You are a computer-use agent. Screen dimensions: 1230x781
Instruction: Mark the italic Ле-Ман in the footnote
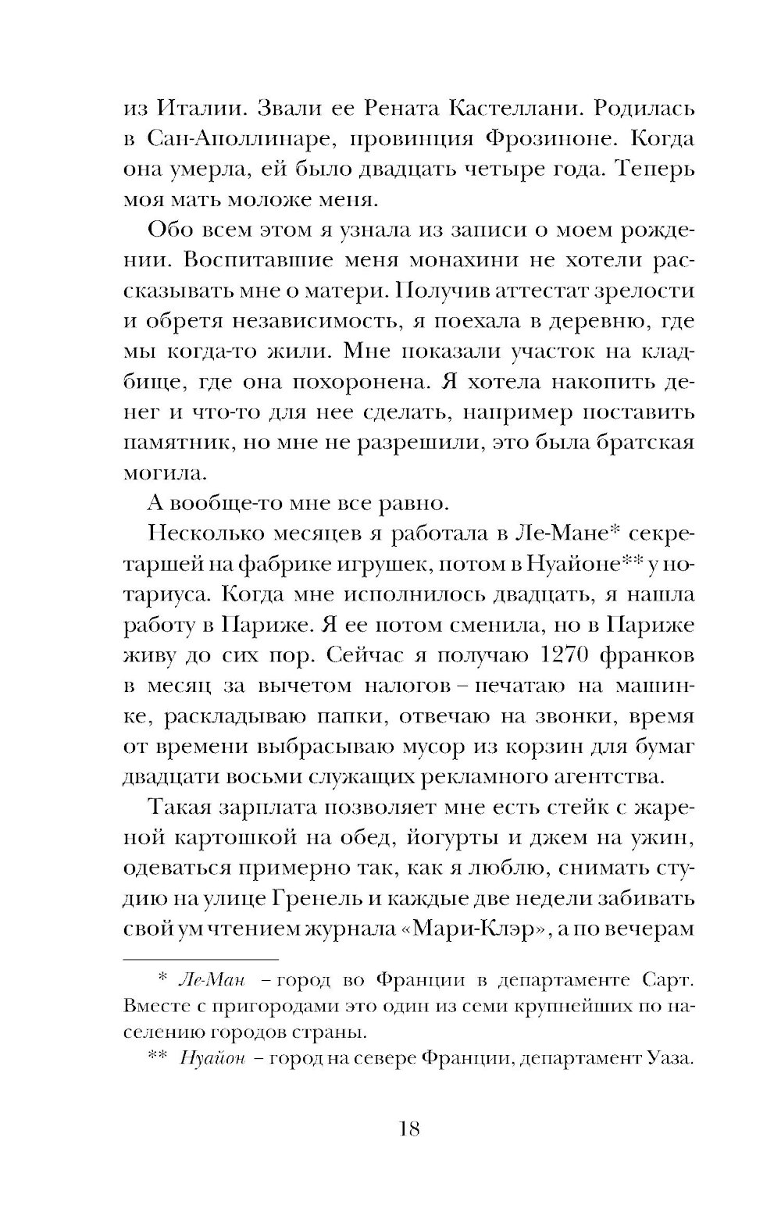tap(207, 980)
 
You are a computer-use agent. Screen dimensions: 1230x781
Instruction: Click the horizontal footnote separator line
tap(201, 957)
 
